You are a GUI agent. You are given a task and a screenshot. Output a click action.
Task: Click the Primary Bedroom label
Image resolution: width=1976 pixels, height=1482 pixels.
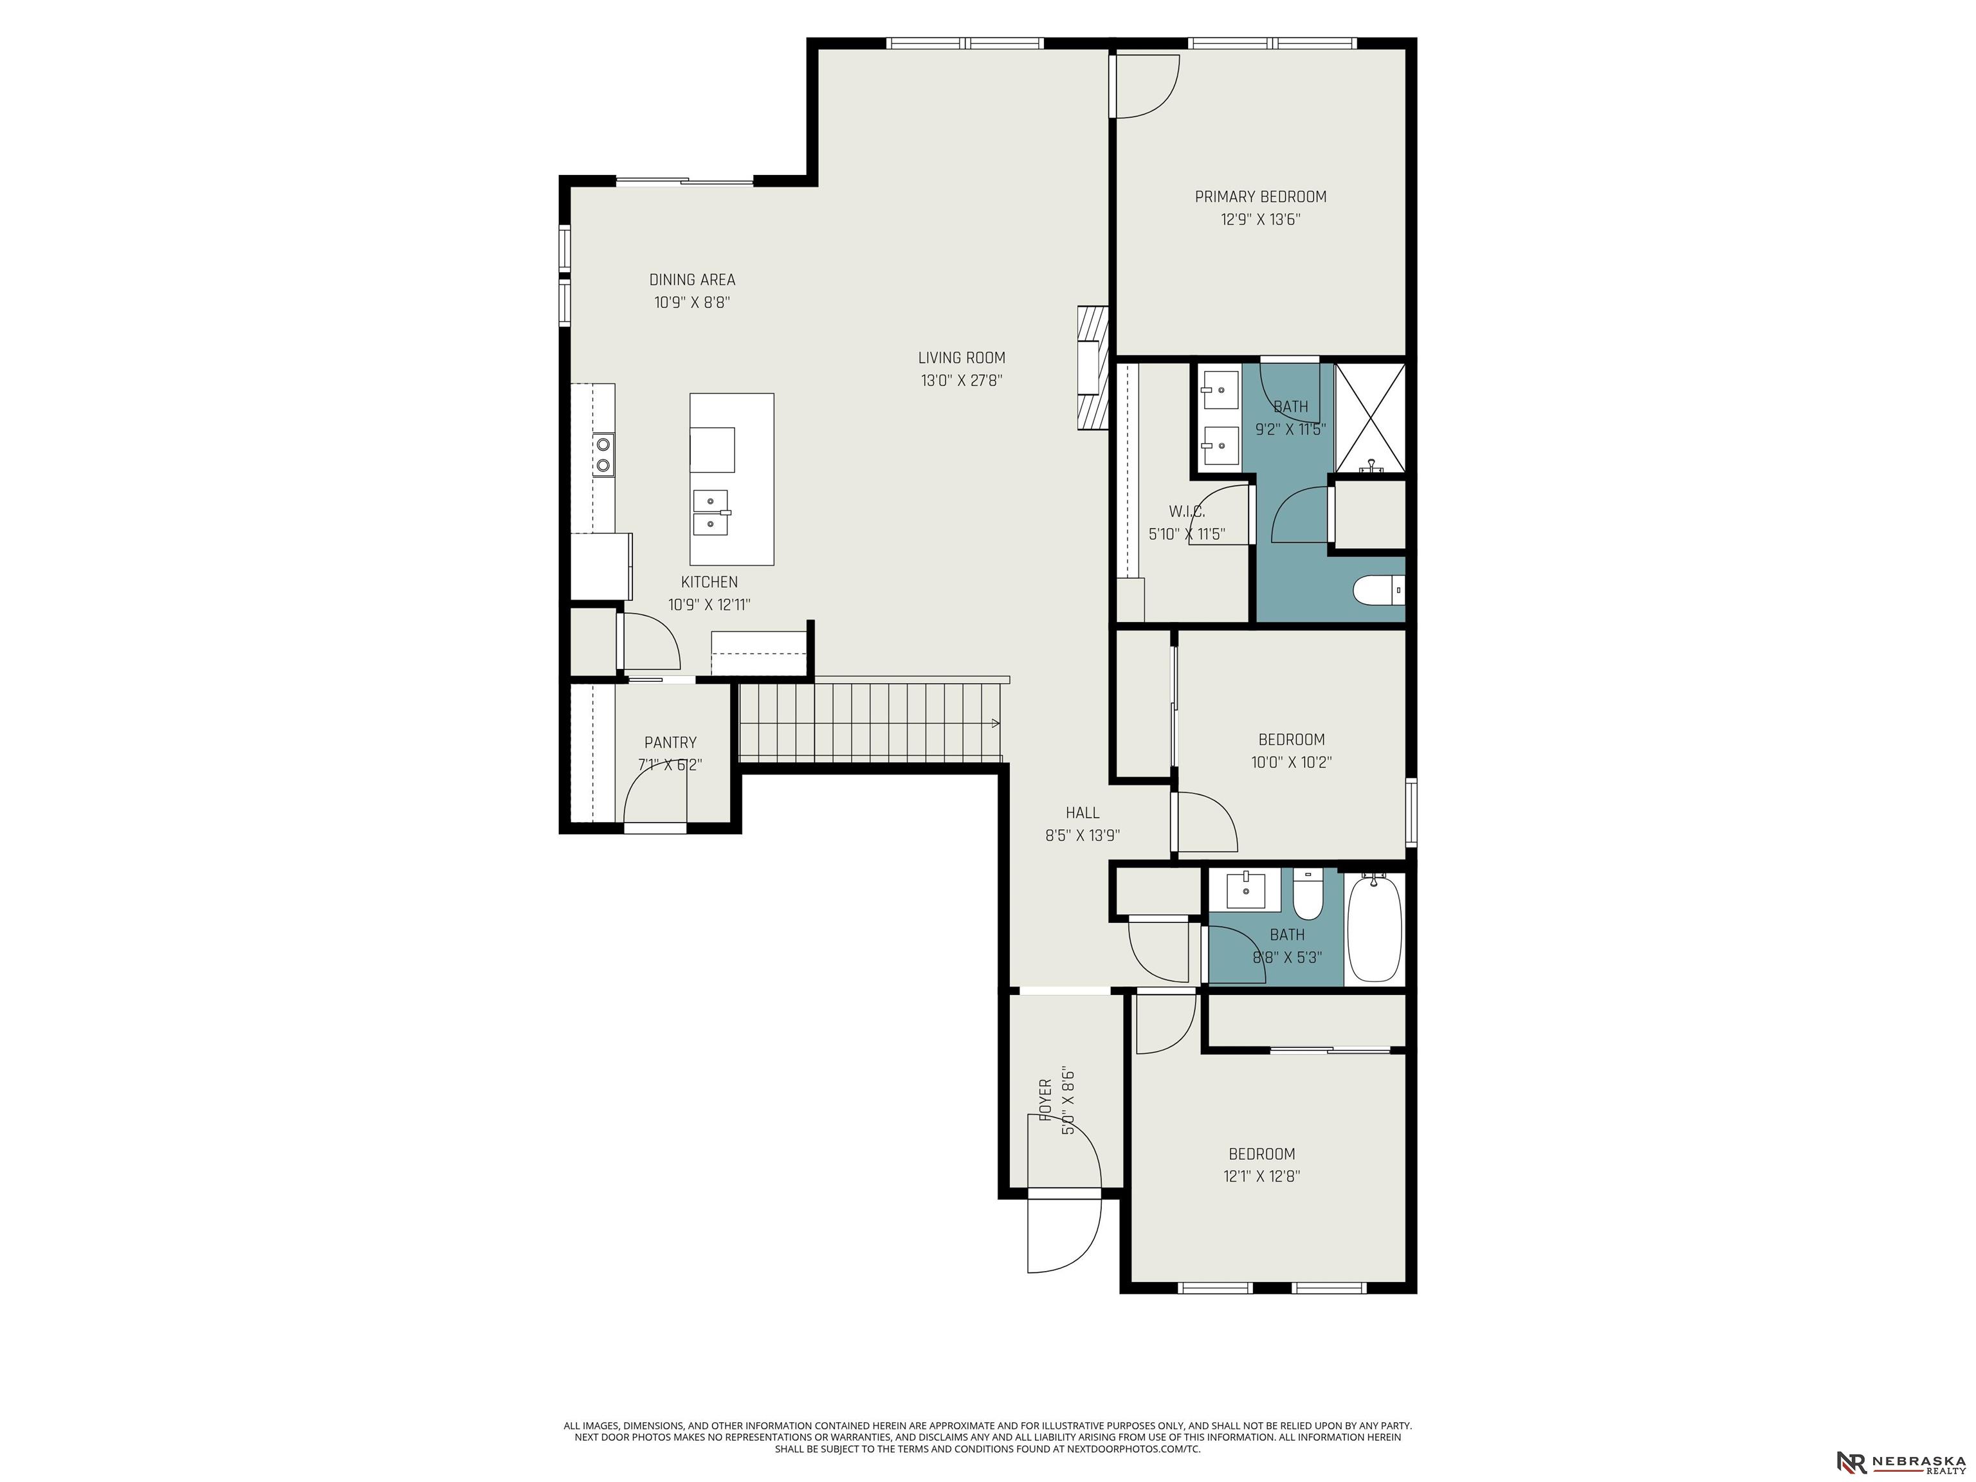[x=1261, y=197]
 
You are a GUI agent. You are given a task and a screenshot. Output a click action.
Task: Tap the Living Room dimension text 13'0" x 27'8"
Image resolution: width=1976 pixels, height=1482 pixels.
[x=962, y=381]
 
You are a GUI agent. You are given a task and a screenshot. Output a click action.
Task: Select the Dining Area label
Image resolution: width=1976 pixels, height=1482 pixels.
[x=692, y=280]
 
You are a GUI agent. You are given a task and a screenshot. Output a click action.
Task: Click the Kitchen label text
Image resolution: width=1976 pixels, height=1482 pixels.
[x=709, y=581]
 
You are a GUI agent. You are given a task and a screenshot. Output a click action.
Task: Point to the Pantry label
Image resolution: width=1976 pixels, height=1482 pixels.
[x=670, y=742]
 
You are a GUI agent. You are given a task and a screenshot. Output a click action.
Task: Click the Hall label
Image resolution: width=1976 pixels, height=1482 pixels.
[x=1083, y=813]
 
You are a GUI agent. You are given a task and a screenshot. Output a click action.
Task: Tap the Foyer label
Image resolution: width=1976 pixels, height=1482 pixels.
[x=1045, y=1099]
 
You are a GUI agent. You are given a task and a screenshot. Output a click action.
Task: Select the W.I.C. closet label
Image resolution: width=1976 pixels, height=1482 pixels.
[x=1187, y=512]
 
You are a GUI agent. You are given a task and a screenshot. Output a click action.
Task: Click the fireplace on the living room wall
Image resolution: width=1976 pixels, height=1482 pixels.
[x=1092, y=370]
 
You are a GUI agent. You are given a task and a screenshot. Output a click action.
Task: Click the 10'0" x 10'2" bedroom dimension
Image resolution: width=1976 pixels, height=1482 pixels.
[x=1292, y=763]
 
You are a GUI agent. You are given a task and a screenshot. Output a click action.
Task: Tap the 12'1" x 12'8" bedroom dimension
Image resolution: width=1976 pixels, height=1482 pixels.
[x=1261, y=1176]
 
